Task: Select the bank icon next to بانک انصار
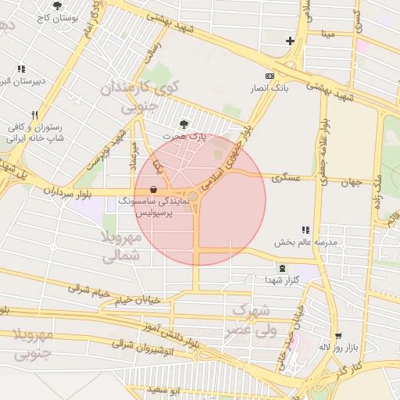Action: (270, 77)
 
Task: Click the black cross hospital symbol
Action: (290, 41)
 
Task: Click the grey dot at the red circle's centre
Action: (193, 195)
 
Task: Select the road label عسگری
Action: (286, 179)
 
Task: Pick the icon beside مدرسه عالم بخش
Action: (305, 230)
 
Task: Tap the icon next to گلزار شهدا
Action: (281, 268)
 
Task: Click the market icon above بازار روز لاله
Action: (337, 336)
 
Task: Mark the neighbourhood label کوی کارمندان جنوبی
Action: (141, 94)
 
